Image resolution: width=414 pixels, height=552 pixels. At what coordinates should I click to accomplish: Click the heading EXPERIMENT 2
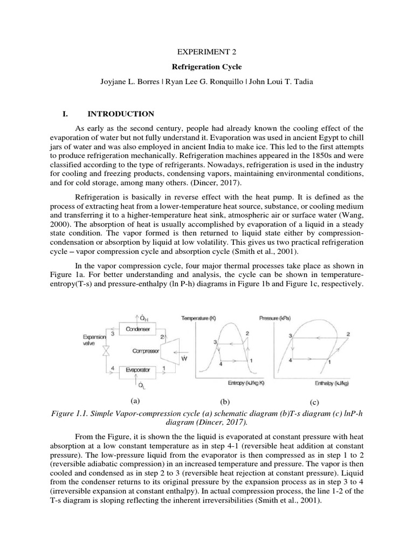coord(206,52)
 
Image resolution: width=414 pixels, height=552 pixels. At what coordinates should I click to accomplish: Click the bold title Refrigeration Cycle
coord(206,69)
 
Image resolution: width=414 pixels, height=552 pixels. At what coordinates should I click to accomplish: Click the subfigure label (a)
coord(135,401)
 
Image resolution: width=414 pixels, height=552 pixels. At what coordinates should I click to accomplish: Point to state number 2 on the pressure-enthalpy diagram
coord(348,334)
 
